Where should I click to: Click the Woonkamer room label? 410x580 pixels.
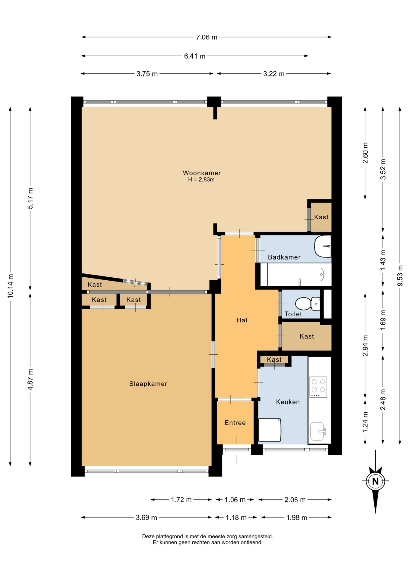click(202, 173)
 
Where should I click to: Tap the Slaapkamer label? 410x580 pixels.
click(148, 384)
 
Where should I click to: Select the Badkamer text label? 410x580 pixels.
click(284, 257)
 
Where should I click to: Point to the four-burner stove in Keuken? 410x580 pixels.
click(318, 387)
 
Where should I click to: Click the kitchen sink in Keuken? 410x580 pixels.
click(318, 431)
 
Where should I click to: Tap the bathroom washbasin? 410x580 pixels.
click(323, 246)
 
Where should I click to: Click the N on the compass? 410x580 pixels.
click(375, 481)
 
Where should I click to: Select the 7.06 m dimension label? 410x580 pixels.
click(207, 37)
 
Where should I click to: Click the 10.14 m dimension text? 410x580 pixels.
click(11, 286)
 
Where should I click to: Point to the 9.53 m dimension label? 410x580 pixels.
click(400, 275)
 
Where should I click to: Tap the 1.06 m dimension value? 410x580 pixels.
click(235, 500)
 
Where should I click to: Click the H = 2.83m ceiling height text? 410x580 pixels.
click(201, 179)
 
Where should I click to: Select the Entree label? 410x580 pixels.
click(235, 423)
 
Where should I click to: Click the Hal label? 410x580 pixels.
click(242, 320)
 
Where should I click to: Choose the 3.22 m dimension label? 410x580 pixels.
click(274, 74)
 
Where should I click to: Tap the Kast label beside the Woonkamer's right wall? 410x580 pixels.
click(321, 217)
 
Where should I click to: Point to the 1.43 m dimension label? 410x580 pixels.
click(383, 260)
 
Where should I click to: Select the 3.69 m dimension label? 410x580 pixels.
click(146, 517)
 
